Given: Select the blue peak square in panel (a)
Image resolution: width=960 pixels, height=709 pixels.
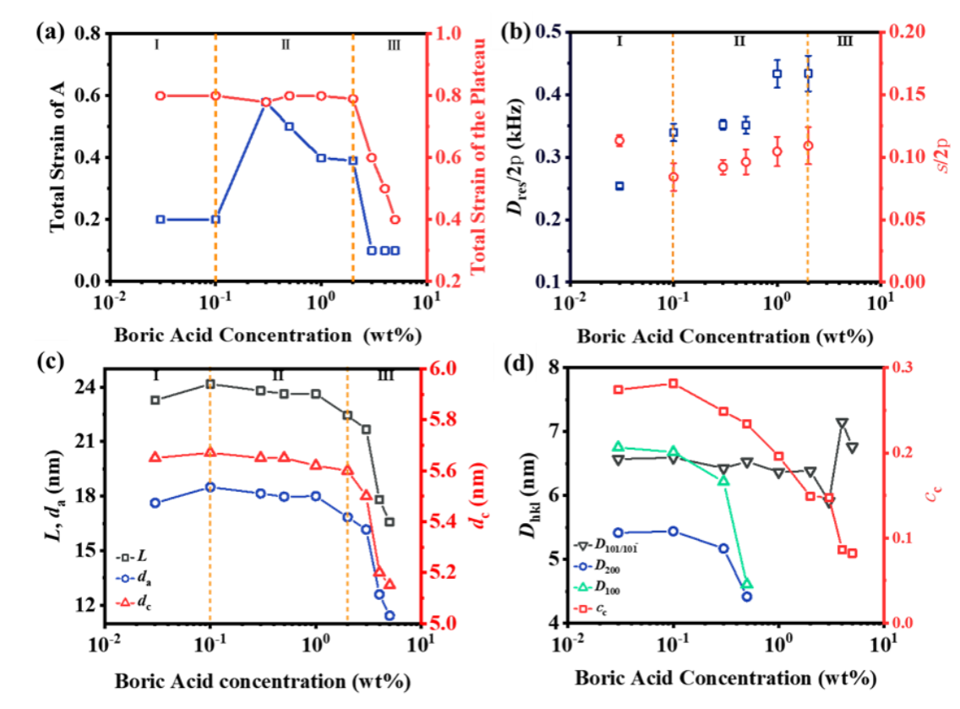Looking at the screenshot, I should pos(265,102).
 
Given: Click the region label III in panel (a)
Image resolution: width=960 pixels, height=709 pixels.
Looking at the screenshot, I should pos(393,45).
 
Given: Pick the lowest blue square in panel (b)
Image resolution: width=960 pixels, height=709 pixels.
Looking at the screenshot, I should pos(619,186).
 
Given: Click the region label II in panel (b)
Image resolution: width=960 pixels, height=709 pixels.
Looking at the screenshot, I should pos(739,40).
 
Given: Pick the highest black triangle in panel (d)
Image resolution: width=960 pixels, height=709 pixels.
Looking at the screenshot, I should pos(842,423).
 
